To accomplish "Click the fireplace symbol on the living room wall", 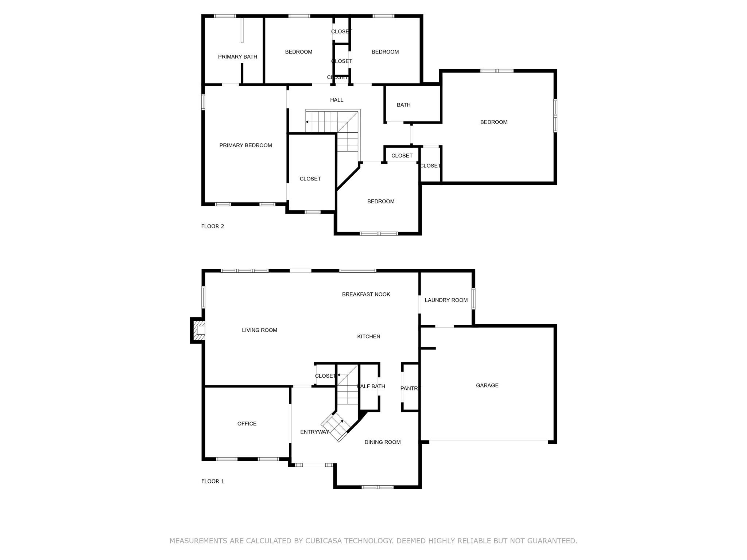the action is tap(198, 330).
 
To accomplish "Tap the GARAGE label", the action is tap(487, 385).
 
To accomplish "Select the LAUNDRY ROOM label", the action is tap(446, 300).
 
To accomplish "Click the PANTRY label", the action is tap(411, 388).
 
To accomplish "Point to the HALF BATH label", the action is tap(371, 386).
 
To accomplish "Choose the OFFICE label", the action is tap(247, 424).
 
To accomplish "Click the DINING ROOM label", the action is tap(383, 442).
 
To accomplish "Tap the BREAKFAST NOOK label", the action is tap(366, 294).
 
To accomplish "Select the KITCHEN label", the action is tap(369, 337).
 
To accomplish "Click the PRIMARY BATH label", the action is tap(237, 57).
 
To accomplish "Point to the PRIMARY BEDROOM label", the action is tap(245, 145).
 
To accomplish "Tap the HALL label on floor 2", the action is tap(337, 100).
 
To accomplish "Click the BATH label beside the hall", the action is tap(403, 105).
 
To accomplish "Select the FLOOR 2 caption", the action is tap(213, 226).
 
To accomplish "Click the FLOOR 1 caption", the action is tap(213, 481).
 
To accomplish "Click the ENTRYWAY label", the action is tap(315, 432).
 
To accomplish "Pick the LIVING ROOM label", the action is tap(259, 330).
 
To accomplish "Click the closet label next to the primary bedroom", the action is tap(310, 179).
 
